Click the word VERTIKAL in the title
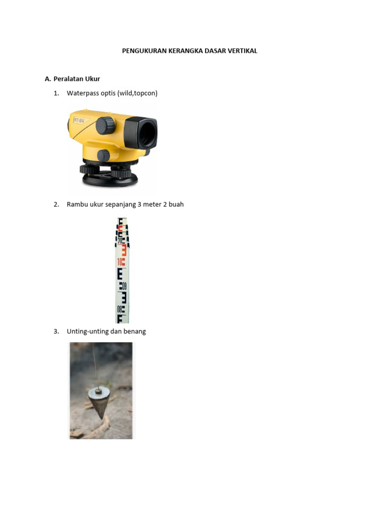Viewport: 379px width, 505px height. click(241, 51)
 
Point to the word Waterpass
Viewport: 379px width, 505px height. click(82, 93)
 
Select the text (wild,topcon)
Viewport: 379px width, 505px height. click(138, 93)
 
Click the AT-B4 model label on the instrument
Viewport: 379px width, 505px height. click(79, 120)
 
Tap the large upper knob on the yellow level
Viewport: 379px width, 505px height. click(105, 125)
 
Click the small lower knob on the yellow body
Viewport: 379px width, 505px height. click(103, 155)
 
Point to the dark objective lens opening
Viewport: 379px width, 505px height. click(147, 133)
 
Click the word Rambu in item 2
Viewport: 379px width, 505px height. click(77, 204)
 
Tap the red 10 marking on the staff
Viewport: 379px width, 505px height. click(121, 262)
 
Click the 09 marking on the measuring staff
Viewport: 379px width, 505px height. click(124, 286)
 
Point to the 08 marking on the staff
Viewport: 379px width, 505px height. click(120, 310)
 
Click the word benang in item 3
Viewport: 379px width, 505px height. click(135, 331)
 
